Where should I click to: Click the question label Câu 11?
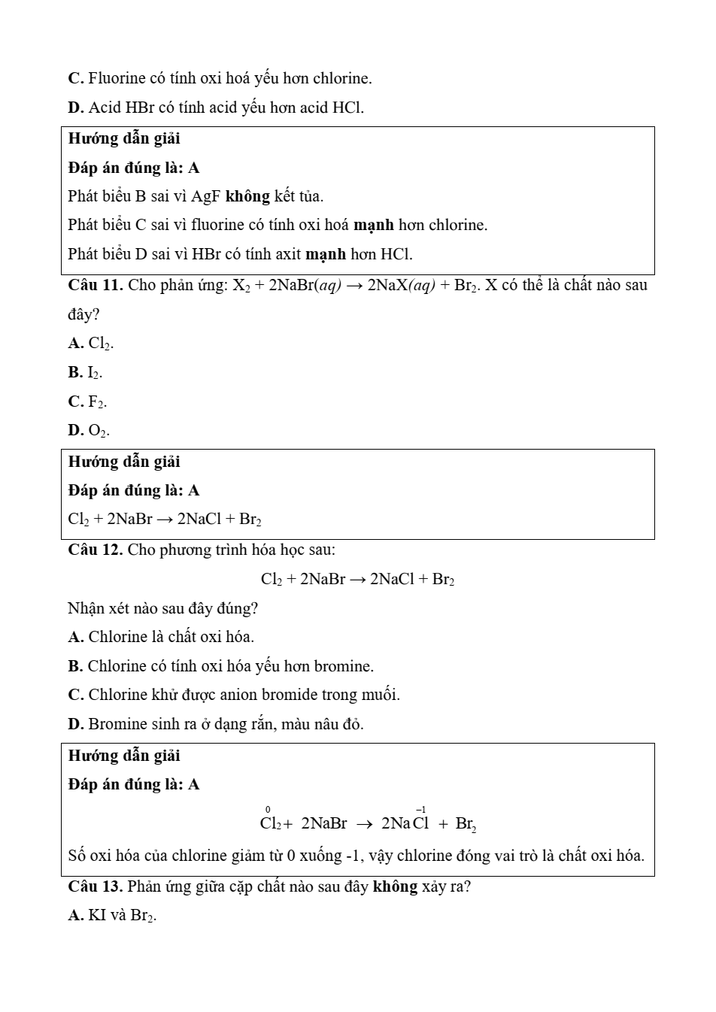point(96,286)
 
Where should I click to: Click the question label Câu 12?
point(96,550)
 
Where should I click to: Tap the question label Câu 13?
point(96,886)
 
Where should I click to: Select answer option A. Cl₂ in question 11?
point(91,344)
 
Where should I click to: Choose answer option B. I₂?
point(85,372)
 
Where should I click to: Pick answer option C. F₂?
point(87,401)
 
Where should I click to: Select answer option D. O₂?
point(89,431)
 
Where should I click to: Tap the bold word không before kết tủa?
point(247,197)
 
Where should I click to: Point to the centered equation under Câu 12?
point(357,579)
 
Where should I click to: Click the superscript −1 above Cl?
point(421,810)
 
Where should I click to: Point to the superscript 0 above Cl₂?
point(268,810)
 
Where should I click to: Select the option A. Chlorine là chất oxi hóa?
point(161,637)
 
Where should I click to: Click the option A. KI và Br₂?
point(112,916)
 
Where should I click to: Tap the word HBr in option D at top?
point(140,108)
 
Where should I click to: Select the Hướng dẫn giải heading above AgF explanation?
point(124,139)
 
